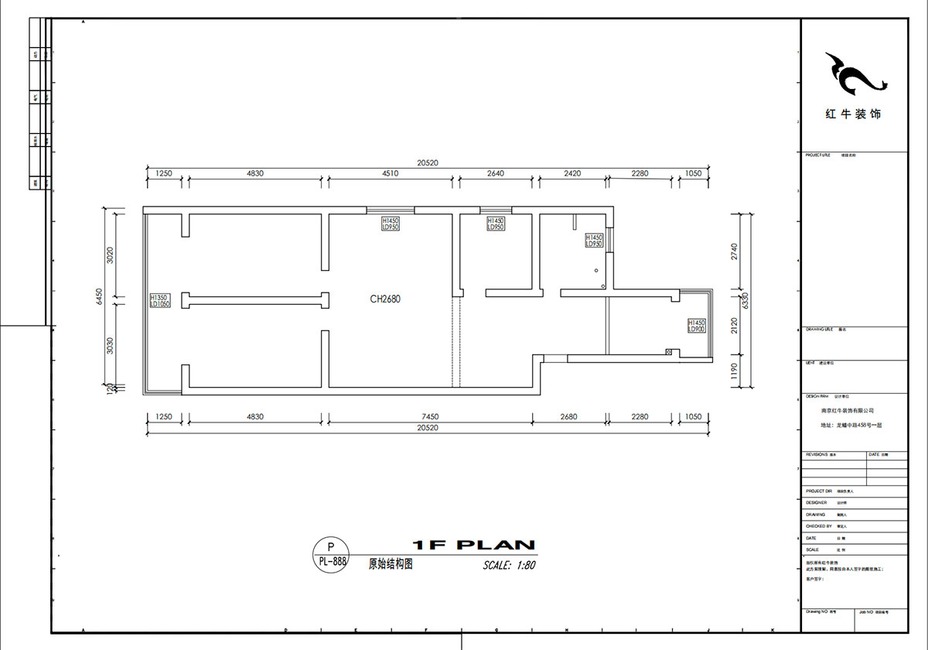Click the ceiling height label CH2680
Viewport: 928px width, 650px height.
[x=385, y=299]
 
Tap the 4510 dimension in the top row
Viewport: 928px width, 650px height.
[x=390, y=173]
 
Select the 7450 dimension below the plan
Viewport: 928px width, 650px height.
[x=430, y=417]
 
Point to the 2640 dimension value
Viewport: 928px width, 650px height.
[x=495, y=173]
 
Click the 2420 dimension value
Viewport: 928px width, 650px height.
[x=572, y=173]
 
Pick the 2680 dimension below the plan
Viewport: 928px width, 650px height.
[x=568, y=417]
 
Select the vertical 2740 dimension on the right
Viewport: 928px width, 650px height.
[x=735, y=252]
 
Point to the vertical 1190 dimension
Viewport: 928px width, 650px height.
[x=735, y=373]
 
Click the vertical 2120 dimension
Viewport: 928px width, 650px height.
[x=735, y=327]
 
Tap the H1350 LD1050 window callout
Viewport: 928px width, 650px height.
[x=159, y=301]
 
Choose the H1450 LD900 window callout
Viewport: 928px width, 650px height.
[x=697, y=326]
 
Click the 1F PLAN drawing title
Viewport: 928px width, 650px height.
[x=474, y=545]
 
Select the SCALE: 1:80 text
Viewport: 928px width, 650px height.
[x=510, y=565]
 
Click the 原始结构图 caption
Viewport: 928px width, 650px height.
[x=391, y=564]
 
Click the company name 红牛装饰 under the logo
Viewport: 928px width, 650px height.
[x=854, y=114]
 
